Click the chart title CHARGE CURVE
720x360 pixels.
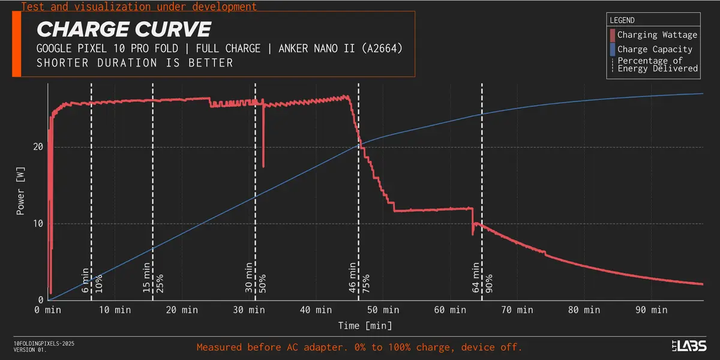click(124, 29)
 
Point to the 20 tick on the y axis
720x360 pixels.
click(39, 147)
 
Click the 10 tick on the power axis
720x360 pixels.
click(39, 224)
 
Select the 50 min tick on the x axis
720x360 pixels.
click(382, 310)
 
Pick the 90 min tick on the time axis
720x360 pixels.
click(651, 310)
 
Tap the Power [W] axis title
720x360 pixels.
click(20, 192)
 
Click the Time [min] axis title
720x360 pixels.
click(364, 325)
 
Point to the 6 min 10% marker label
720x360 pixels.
click(92, 280)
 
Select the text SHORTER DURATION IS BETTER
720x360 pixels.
click(135, 63)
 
